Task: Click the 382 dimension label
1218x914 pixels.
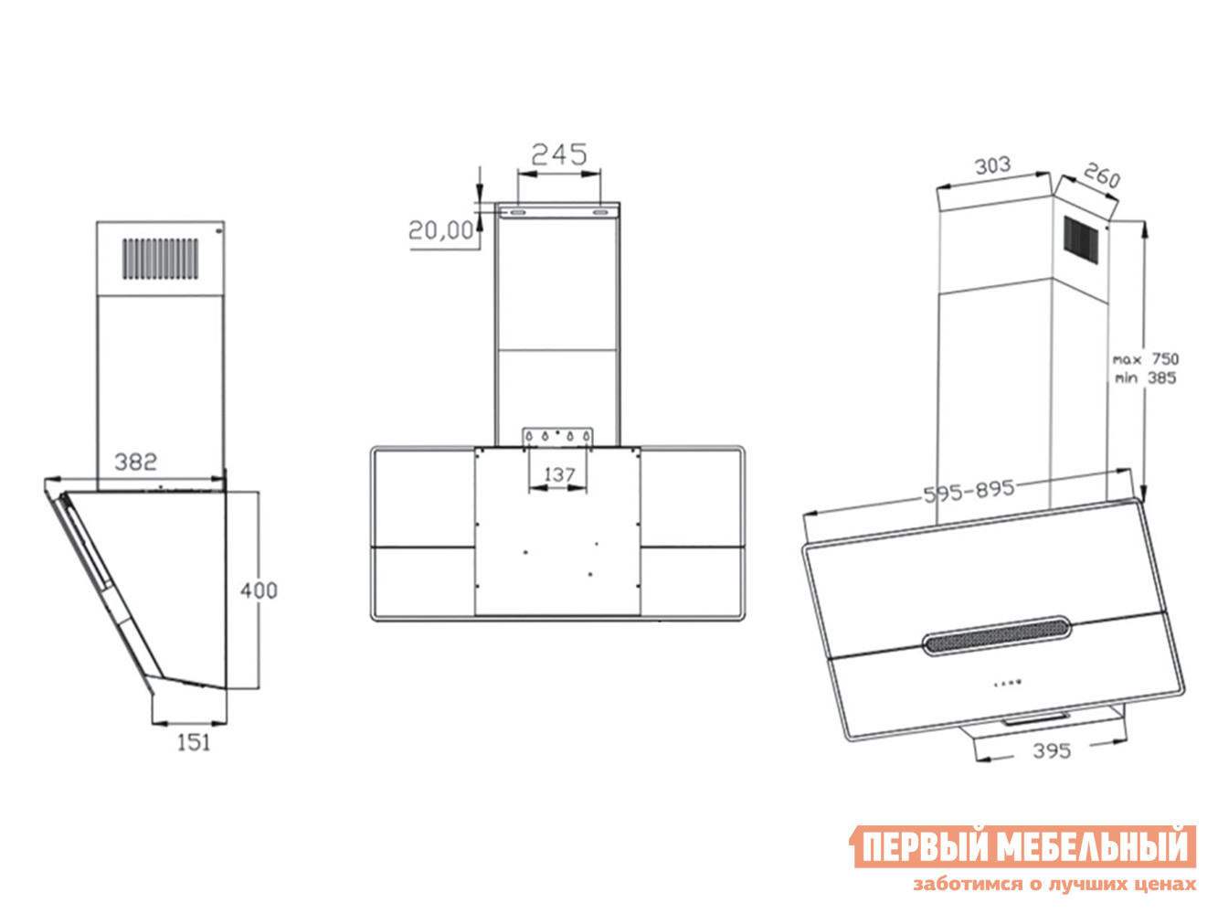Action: click(x=135, y=462)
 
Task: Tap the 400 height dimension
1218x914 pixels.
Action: click(x=259, y=590)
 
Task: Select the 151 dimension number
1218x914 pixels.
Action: click(x=194, y=742)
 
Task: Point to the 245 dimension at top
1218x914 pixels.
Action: click(x=559, y=154)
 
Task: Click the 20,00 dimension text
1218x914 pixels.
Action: click(x=441, y=229)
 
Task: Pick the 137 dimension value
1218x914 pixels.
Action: click(x=559, y=474)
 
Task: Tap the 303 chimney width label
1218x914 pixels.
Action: click(x=992, y=165)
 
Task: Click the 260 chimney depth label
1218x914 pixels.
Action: click(x=1101, y=175)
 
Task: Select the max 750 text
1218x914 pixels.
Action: click(x=1146, y=359)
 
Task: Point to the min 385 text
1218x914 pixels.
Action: click(x=1145, y=377)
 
